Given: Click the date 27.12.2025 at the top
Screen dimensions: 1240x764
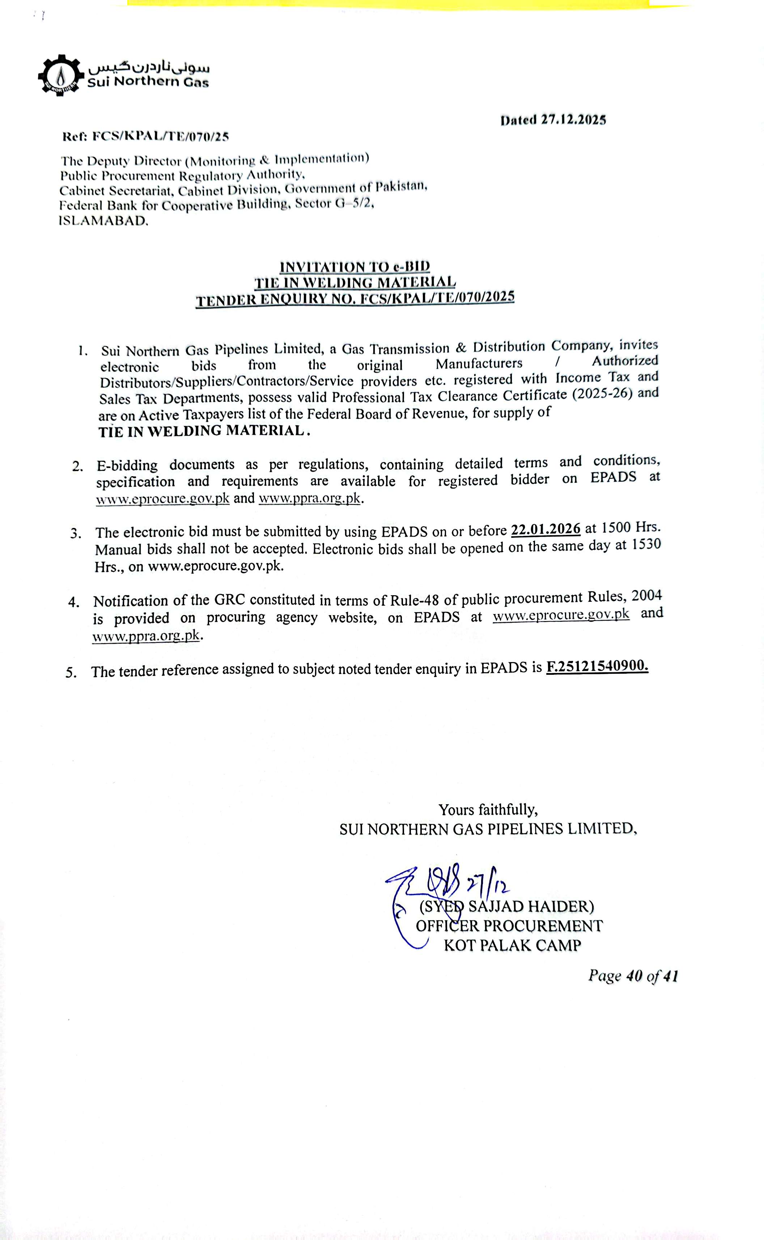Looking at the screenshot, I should (x=573, y=120).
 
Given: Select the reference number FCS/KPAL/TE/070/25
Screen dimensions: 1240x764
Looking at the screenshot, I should (x=161, y=136).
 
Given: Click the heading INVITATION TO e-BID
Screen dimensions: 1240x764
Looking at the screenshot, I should (x=355, y=266).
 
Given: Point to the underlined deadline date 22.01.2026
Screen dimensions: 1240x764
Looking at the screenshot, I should (x=546, y=529).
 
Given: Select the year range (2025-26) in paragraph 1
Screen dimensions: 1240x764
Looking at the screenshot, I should (x=603, y=394).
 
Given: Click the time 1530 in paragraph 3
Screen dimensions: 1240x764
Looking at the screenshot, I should (x=646, y=545).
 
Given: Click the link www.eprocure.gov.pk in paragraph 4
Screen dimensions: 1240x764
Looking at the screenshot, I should (x=561, y=614).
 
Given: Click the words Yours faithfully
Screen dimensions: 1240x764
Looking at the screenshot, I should (x=488, y=810).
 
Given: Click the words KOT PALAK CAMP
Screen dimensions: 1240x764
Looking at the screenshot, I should (x=512, y=945).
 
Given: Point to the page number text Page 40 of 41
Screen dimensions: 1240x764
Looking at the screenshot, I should (x=633, y=976).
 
